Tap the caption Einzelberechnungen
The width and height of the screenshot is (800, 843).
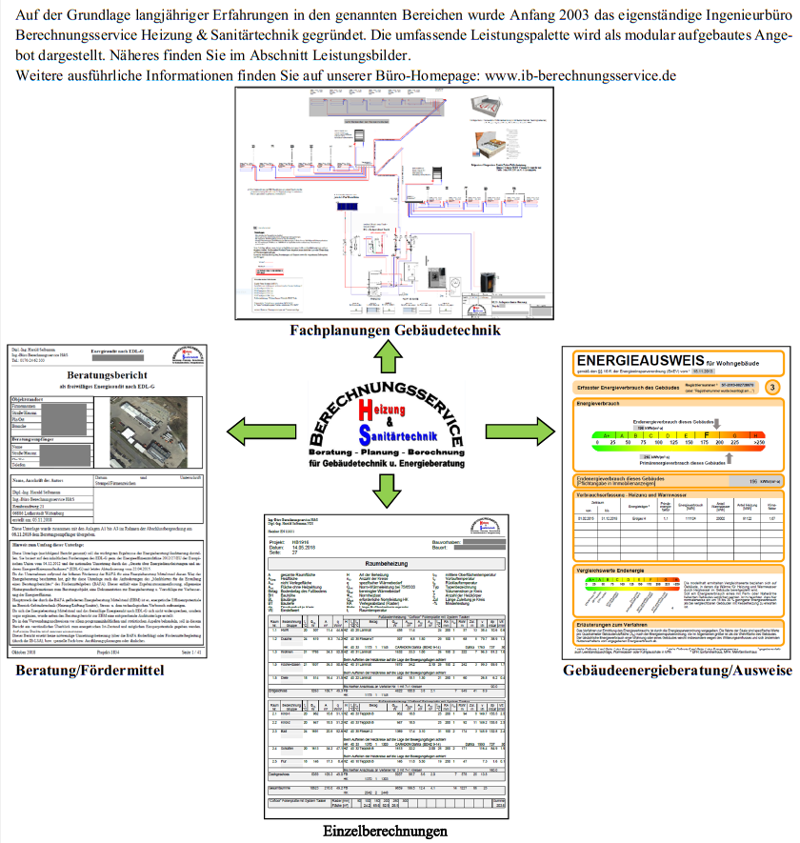[385, 831]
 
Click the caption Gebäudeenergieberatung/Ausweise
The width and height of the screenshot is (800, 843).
[677, 671]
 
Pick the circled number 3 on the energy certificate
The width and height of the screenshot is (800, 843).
[772, 387]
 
